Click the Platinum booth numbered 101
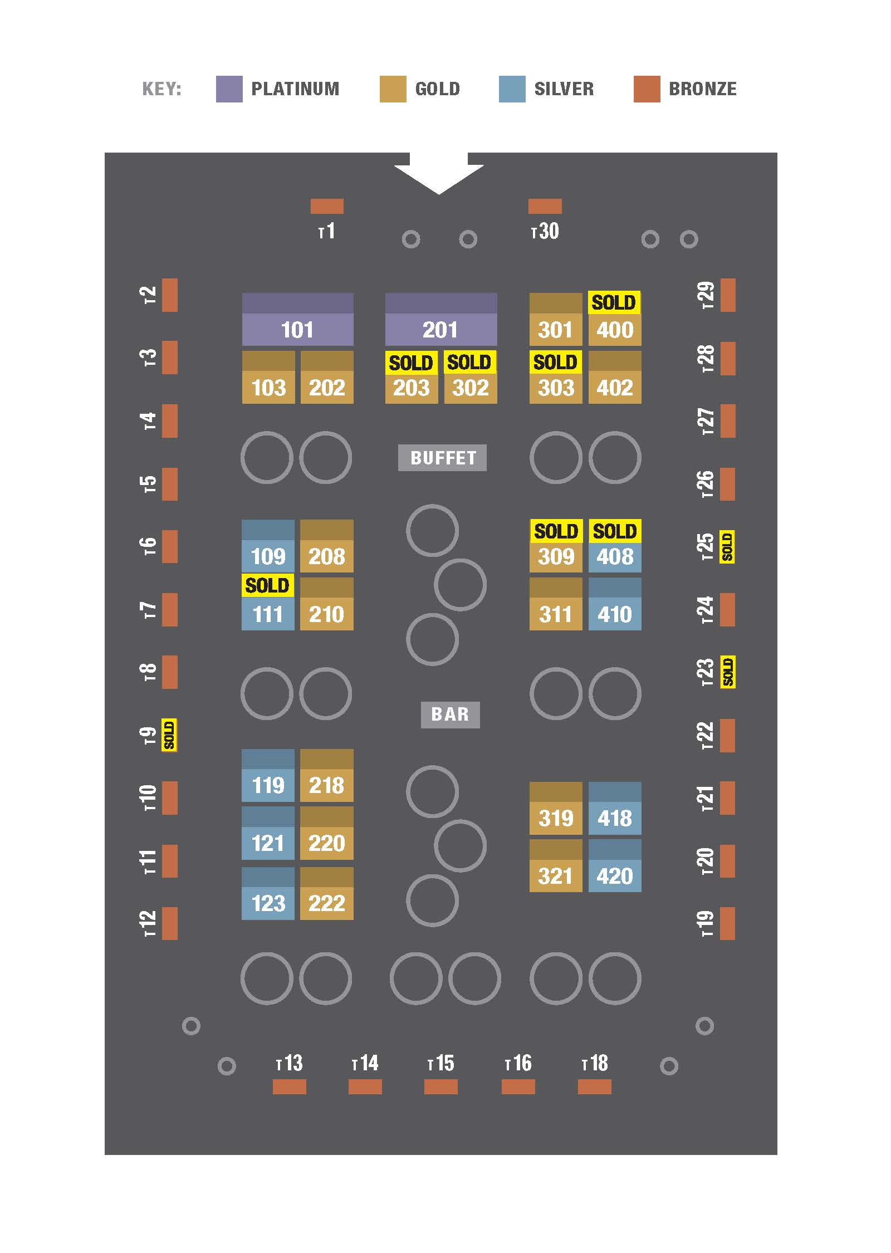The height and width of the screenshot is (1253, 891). (297, 329)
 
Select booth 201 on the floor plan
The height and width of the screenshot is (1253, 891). (440, 329)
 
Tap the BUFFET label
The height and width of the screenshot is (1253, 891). (442, 458)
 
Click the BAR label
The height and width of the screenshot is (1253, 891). (450, 714)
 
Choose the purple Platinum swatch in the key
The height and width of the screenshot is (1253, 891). (229, 89)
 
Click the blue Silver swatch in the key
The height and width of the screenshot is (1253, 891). (512, 89)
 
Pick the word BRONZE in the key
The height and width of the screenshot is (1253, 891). (702, 89)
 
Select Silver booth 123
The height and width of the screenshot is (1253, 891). (268, 902)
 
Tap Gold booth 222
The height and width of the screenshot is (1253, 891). (326, 902)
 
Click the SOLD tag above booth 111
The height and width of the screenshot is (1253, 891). (267, 585)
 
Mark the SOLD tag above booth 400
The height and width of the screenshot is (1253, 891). (614, 302)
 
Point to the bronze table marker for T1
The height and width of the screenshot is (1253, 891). (327, 206)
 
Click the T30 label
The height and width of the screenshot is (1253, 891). (545, 231)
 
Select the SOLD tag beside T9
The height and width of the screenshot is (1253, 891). (169, 735)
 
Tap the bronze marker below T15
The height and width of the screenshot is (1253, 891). (440, 1086)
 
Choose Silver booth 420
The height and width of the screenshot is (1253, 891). (615, 875)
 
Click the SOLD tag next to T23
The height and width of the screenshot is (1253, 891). (728, 672)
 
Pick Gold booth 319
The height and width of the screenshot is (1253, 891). (556, 818)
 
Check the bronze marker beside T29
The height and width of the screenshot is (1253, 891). (728, 295)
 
